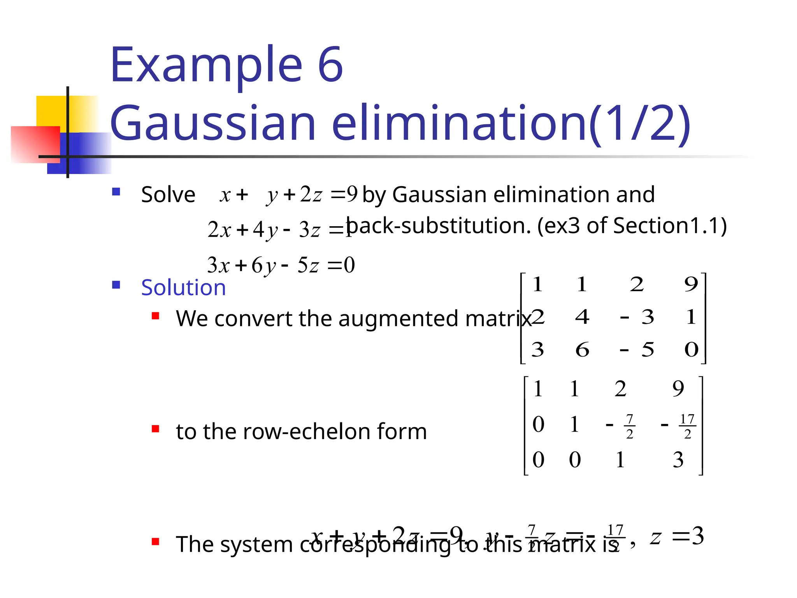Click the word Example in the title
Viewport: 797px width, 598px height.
click(206, 65)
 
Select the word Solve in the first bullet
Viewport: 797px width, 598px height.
click(168, 194)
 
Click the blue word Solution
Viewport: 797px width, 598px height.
click(183, 288)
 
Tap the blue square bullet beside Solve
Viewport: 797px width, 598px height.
click(116, 192)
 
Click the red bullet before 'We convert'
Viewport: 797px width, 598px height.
click(156, 316)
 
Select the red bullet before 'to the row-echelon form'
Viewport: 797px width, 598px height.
click(156, 429)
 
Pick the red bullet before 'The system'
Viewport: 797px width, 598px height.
click(156, 542)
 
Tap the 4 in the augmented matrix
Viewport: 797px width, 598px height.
click(582, 317)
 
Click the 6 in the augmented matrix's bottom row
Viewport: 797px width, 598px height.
click(582, 349)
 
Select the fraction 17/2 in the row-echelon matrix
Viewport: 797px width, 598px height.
click(687, 426)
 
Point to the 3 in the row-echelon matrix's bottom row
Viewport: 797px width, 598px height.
click(678, 460)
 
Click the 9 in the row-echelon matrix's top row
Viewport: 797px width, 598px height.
click(678, 389)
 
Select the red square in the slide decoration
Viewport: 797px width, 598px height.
click(35, 144)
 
